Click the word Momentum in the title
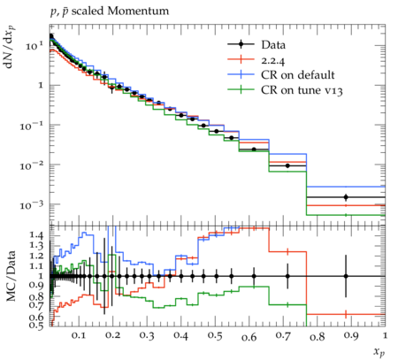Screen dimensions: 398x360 tap(138, 11)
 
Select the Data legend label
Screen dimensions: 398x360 tap(273, 45)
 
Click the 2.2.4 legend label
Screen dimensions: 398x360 tap(273, 60)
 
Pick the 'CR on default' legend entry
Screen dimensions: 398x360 tap(298, 75)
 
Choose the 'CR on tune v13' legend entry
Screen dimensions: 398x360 tap(302, 90)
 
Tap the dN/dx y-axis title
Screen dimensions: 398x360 tap(10, 47)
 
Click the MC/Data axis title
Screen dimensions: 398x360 tap(11, 276)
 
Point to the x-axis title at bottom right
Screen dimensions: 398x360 tap(379, 351)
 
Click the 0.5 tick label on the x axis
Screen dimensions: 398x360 tap(215, 336)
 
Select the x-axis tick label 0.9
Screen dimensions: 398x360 tap(351, 336)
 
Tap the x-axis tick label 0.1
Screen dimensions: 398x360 tap(79, 336)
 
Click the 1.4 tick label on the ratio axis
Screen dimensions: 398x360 tap(36, 235)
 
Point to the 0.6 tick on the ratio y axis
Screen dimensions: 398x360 tap(36, 317)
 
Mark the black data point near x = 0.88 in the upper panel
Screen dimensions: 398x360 tap(346, 197)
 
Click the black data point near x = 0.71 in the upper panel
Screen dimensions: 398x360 tap(287, 165)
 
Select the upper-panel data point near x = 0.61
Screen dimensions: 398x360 tap(254, 149)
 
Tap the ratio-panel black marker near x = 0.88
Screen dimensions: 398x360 tap(346, 276)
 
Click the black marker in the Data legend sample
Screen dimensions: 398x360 tap(241, 44)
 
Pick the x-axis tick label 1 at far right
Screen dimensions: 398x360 tap(385, 336)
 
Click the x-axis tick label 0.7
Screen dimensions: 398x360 tap(283, 336)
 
